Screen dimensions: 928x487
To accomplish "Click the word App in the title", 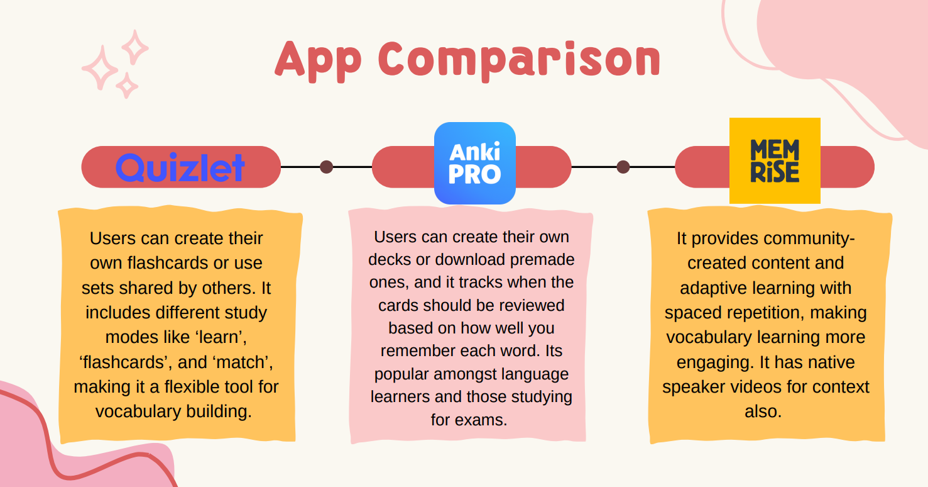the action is [318, 60].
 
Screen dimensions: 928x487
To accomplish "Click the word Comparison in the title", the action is [520, 60].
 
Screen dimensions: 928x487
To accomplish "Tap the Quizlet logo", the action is [180, 167].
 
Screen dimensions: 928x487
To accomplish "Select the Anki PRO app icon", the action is [475, 163].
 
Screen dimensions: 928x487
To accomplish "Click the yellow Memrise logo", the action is [775, 160].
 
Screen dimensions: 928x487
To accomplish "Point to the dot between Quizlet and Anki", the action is [327, 167].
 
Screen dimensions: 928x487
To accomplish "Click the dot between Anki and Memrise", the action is [623, 167].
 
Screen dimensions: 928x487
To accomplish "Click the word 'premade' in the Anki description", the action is [542, 260].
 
